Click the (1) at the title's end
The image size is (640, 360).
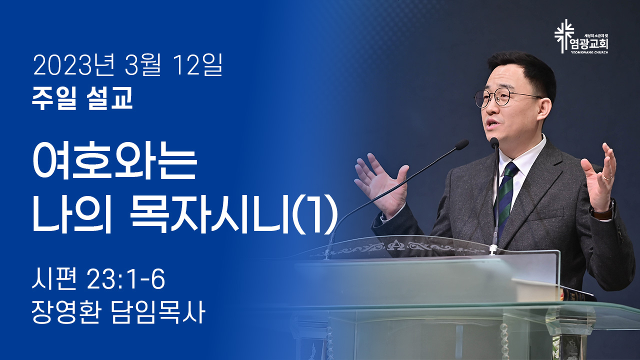pyautogui.click(x=315, y=215)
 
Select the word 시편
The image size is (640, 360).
pyautogui.click(x=54, y=279)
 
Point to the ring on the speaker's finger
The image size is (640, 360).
pyautogui.click(x=607, y=177)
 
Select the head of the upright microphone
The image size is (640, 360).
pyautogui.click(x=494, y=143)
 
